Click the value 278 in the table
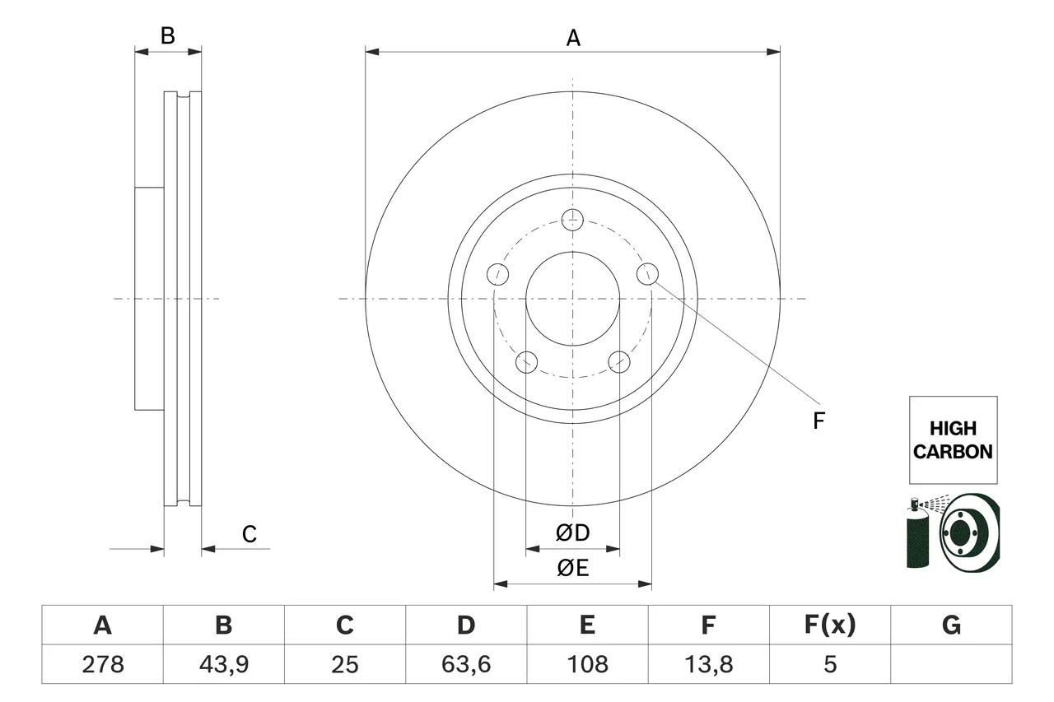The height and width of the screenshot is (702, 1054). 103,664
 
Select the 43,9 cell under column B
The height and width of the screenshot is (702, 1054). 224,664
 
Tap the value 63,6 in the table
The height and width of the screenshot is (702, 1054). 466,664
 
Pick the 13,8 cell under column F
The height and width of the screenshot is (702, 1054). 709,664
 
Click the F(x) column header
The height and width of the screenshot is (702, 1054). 830,625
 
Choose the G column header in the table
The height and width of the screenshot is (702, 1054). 951,625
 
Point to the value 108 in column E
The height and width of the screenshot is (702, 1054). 587,664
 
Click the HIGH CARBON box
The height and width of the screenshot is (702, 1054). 953,439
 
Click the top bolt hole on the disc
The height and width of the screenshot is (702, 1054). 572,220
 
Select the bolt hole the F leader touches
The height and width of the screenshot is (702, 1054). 647,274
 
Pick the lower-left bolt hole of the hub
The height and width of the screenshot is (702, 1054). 526,362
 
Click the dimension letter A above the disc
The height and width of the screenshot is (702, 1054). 573,38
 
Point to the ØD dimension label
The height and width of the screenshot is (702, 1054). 572,532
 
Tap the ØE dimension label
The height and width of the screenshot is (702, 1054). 572,568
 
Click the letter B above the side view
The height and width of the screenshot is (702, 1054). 167,35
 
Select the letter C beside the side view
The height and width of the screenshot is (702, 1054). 249,534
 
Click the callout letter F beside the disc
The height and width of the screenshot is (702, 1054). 818,421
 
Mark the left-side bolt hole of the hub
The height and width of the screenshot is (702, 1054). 497,274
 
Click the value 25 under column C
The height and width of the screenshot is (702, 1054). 345,664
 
